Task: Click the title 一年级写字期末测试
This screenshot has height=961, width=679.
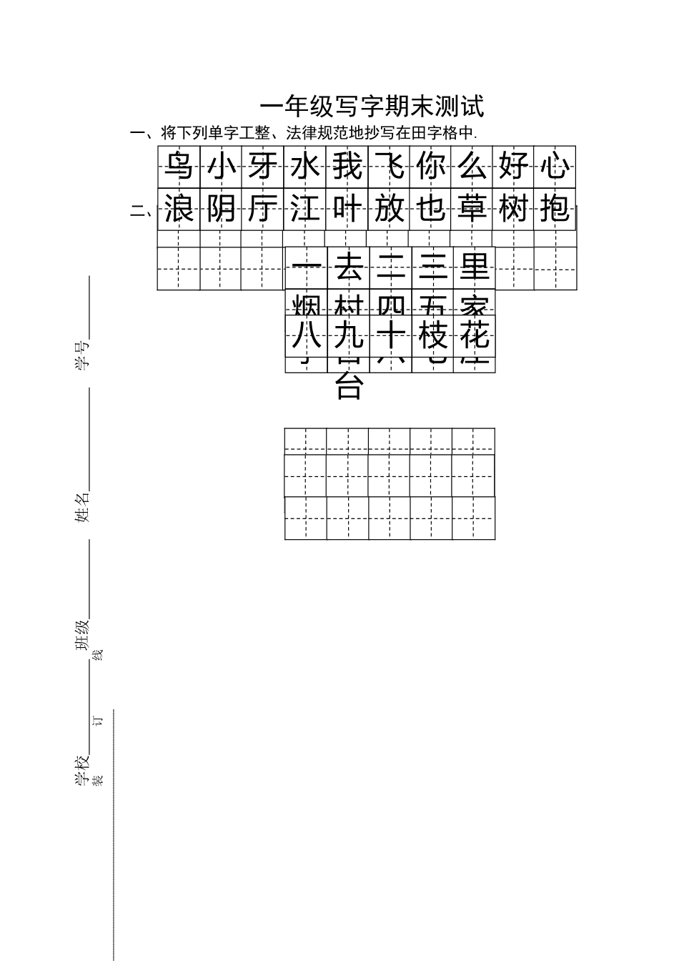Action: click(372, 107)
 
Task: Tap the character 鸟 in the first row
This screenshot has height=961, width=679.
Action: click(179, 166)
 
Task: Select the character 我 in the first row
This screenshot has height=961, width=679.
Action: click(347, 166)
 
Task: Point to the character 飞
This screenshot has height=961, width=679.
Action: click(390, 166)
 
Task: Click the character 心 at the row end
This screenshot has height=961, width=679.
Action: click(555, 166)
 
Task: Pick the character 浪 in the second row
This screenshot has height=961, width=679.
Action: click(179, 210)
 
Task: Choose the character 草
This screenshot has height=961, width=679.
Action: click(472, 210)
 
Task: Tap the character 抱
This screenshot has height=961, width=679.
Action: click(555, 210)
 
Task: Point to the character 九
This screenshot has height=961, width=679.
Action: click(348, 335)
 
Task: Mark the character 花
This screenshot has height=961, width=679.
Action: click(474, 335)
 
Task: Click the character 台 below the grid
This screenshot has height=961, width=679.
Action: click(349, 386)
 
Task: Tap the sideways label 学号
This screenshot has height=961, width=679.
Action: click(84, 355)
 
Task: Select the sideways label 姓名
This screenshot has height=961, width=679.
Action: click(84, 507)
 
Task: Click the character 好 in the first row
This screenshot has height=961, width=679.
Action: click(514, 166)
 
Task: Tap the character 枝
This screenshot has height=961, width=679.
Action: click(432, 335)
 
